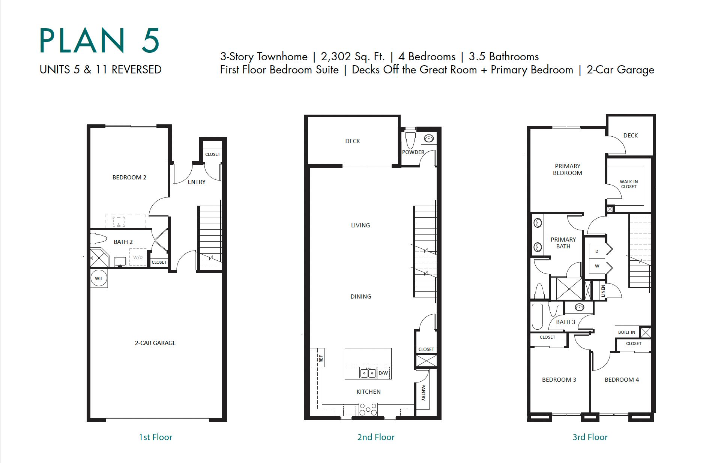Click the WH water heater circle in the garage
point(99,278)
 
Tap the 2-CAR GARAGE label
point(155,343)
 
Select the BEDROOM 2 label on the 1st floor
point(129,177)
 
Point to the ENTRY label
point(197,182)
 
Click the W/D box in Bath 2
point(138,257)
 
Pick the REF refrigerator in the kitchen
point(317,358)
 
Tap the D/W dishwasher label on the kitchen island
point(383,373)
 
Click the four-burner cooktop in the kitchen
point(368,409)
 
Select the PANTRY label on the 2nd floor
point(423,392)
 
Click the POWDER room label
point(413,152)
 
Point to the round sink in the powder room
point(429,139)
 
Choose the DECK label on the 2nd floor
point(352,141)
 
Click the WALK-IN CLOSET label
point(629,184)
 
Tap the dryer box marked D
point(597,251)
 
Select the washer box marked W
point(597,266)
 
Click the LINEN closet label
point(603,291)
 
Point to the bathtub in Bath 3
point(538,317)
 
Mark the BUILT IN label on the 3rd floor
point(626,332)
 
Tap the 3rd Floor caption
point(590,437)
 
